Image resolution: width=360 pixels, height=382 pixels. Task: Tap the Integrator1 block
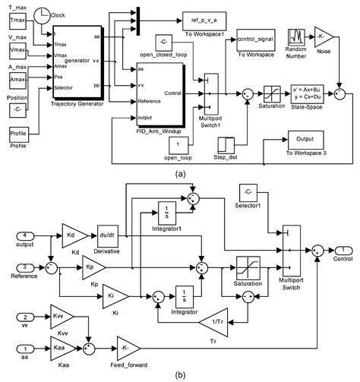167,211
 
